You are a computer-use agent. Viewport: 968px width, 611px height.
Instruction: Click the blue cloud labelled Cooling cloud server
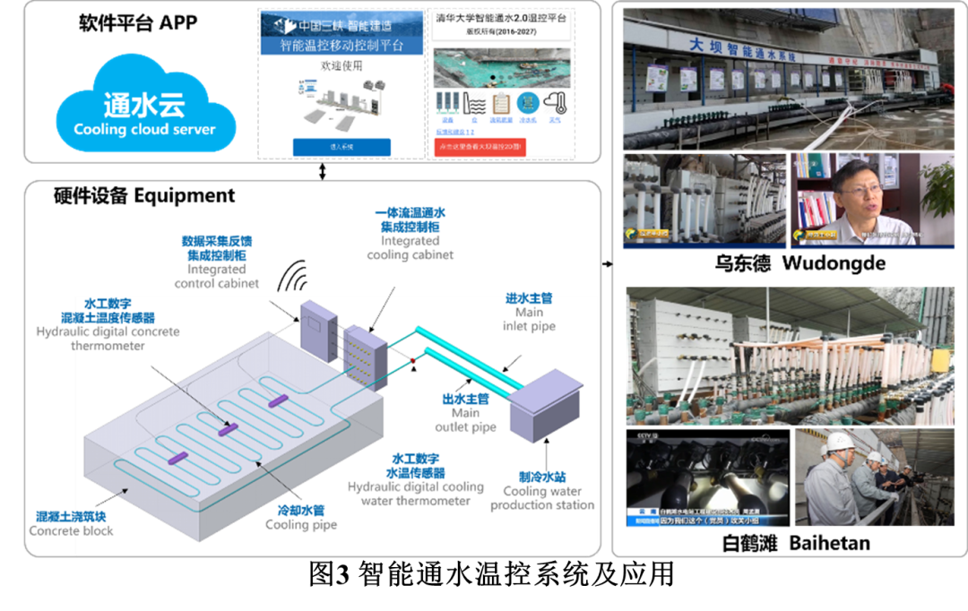coord(144,112)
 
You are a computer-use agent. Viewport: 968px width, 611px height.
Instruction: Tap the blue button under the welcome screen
coord(341,147)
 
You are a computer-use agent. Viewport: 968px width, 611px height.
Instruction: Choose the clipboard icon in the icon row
coord(502,102)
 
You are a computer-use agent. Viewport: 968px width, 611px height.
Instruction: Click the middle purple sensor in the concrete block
coord(229,429)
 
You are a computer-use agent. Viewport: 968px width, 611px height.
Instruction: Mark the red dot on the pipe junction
coord(412,362)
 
